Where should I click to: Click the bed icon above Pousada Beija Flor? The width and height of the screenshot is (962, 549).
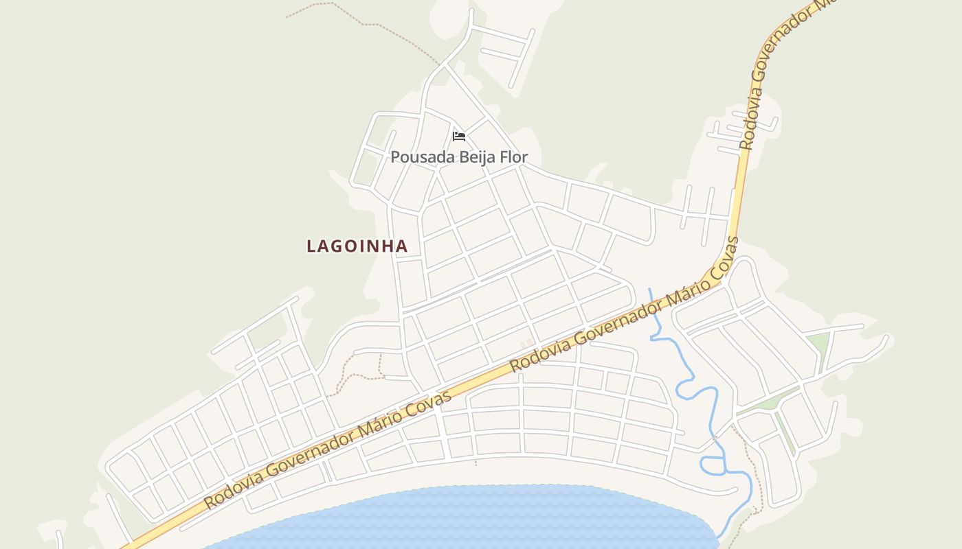459,136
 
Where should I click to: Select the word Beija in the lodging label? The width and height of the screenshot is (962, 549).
473,157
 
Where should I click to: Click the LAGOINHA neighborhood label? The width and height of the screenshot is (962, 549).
357,246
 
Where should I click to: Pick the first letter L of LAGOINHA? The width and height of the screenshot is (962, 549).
311,246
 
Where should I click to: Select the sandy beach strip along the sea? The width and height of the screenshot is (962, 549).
412,477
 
